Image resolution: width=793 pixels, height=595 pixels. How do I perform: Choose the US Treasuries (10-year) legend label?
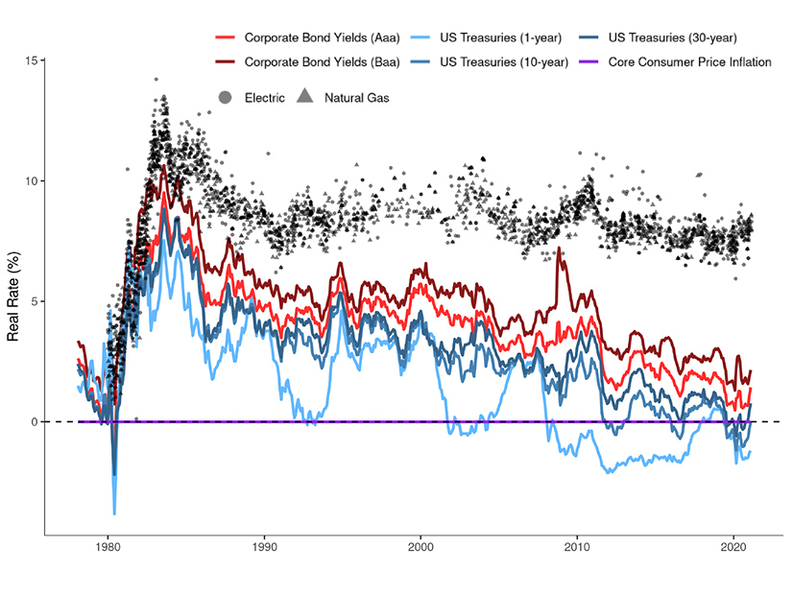point(503,62)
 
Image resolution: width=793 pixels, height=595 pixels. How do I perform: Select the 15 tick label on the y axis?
point(32,61)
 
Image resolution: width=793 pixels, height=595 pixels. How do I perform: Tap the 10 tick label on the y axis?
point(32,181)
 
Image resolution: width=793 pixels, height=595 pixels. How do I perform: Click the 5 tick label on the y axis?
point(35,301)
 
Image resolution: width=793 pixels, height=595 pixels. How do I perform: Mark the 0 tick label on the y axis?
point(35,422)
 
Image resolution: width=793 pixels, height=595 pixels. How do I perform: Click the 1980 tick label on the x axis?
point(108,552)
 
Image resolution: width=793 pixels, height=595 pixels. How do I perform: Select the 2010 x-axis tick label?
point(577,552)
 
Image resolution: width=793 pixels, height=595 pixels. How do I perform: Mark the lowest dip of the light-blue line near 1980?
point(114,513)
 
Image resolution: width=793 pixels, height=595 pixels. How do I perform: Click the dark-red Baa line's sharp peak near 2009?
point(559,250)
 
